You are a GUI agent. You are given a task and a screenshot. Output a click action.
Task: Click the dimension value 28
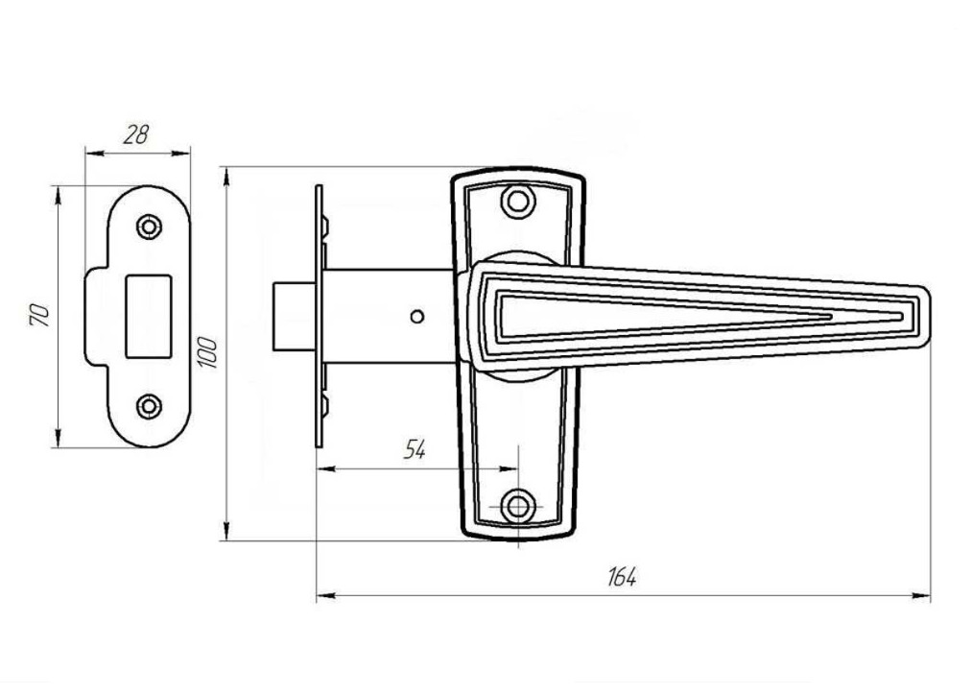coord(136,134)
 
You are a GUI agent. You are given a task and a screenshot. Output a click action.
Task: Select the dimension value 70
coord(39,316)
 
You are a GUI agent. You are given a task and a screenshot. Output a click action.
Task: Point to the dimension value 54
coord(415,449)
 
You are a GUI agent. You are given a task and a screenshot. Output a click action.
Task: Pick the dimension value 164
coord(622,577)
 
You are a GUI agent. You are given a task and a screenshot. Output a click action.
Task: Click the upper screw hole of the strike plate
coord(149,227)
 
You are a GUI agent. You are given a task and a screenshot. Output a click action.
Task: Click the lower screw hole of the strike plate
coord(149,407)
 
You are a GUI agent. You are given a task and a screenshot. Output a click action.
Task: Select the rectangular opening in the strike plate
coord(148,316)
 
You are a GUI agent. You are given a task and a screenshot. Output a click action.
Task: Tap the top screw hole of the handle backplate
coord(517,202)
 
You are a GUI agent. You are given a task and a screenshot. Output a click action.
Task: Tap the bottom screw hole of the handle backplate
coord(517,507)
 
